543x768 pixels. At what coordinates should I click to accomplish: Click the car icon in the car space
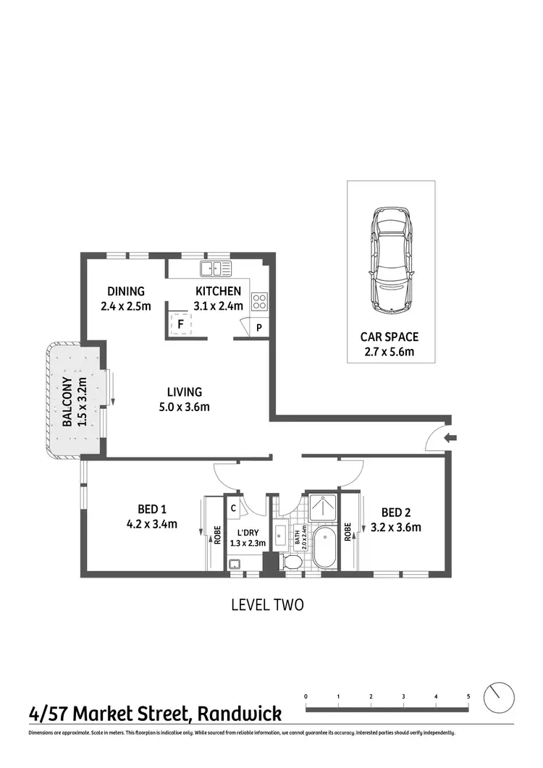coord(391,261)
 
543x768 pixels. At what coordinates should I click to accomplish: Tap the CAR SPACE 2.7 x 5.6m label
coord(390,344)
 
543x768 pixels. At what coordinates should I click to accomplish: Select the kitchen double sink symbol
coord(215,269)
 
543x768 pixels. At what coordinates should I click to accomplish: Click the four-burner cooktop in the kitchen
coord(260,303)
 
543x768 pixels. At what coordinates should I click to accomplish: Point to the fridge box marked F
coord(180,325)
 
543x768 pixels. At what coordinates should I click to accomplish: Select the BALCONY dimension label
coord(74,402)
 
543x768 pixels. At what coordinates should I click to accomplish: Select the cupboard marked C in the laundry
coord(233,508)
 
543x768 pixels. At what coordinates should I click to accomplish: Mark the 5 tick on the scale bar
coord(468,696)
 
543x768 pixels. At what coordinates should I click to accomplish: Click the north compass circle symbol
coord(500,698)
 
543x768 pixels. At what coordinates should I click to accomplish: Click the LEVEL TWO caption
coord(267,604)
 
